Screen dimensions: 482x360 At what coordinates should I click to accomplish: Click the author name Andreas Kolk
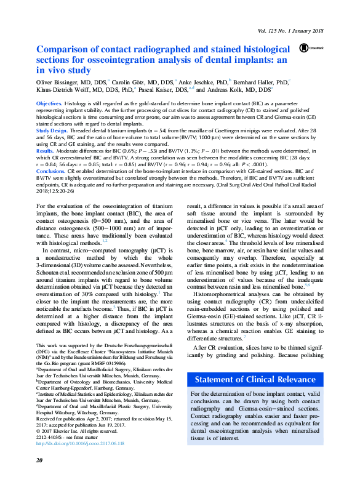click(236, 89)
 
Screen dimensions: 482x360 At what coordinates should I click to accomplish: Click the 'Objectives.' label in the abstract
click(49, 104)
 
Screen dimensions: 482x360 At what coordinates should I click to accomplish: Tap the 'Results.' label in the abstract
click(45, 150)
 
